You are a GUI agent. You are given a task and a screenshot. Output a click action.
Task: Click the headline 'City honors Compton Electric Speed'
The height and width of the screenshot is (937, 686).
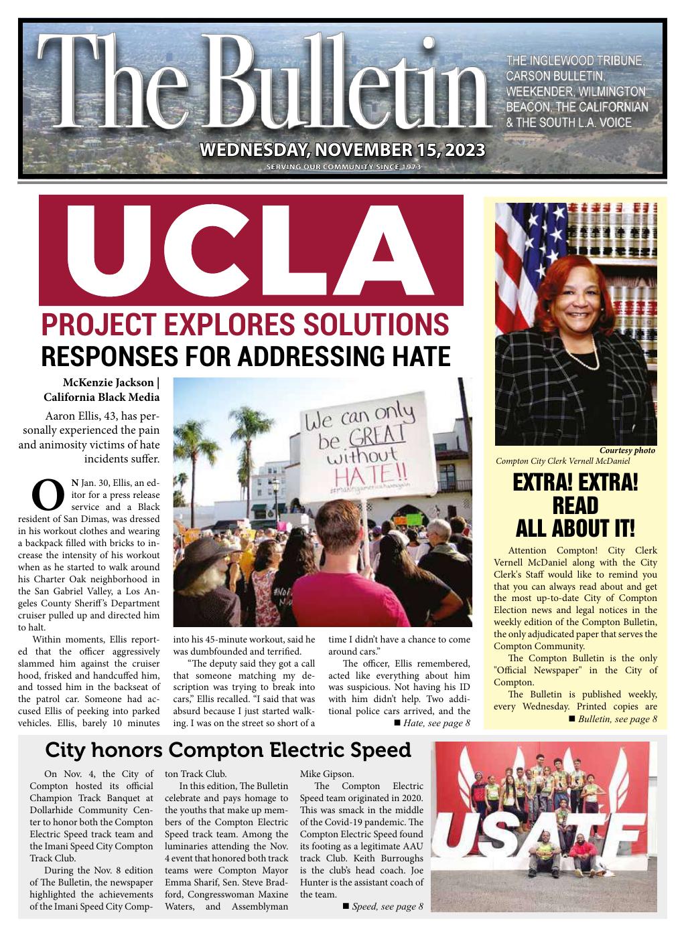[227, 750]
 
